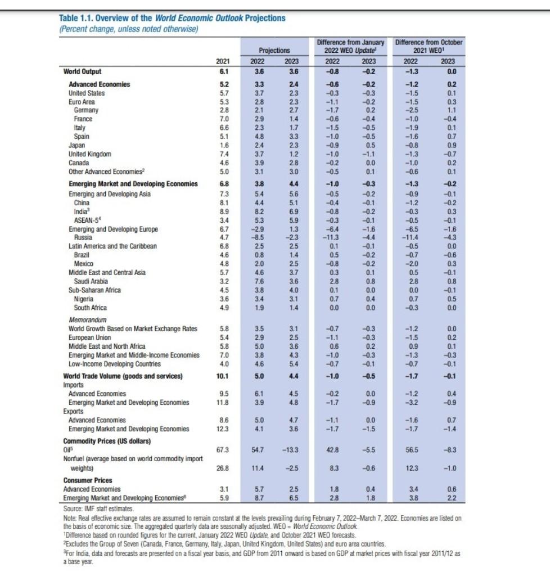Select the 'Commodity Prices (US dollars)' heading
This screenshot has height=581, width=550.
(107, 440)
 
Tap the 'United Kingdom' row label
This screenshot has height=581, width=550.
(89, 154)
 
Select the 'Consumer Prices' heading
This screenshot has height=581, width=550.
(87, 480)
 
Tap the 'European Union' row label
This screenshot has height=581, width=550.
(89, 337)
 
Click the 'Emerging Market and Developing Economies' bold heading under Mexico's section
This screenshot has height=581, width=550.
(133, 183)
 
